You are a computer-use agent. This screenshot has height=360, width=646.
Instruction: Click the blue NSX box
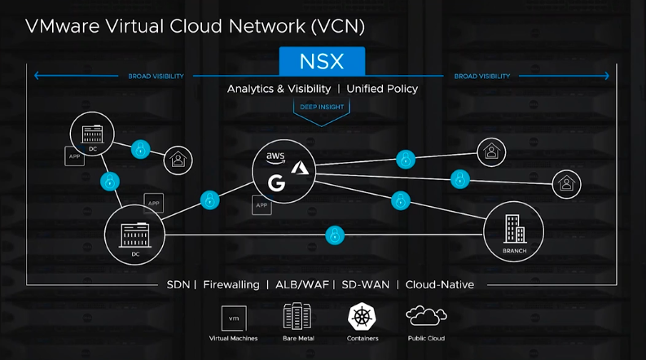coord(322,62)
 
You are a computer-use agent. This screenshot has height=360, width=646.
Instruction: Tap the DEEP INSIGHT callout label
coord(323,106)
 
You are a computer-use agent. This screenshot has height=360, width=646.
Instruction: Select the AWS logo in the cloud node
coord(275,156)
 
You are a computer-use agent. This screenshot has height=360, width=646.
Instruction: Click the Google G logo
coord(276,182)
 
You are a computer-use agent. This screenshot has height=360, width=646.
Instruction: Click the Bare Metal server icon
coord(299,316)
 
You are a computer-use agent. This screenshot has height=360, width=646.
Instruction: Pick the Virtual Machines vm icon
coord(235,318)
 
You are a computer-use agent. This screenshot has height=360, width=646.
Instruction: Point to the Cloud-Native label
coord(440,284)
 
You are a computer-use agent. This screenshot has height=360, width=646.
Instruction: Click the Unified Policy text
coord(382,88)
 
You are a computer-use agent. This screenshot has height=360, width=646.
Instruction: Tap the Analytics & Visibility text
coord(279,88)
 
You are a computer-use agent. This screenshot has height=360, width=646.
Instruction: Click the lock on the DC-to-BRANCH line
coord(334,235)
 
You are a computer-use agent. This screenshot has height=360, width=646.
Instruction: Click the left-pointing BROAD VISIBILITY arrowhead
coord(37,77)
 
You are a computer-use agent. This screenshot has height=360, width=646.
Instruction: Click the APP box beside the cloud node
coord(261,205)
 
